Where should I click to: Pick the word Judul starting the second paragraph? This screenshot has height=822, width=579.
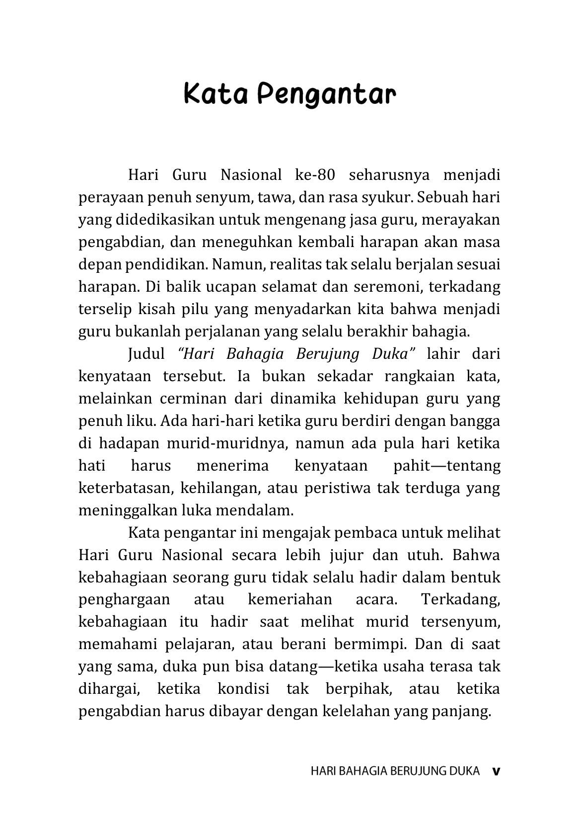pos(146,354)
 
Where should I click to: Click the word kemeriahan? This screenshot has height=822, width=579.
pos(290,599)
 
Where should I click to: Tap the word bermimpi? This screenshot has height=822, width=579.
pos(370,644)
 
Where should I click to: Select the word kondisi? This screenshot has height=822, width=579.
pos(243,689)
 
